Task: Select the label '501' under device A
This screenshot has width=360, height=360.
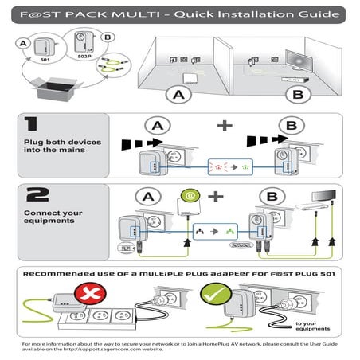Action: (45, 58)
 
